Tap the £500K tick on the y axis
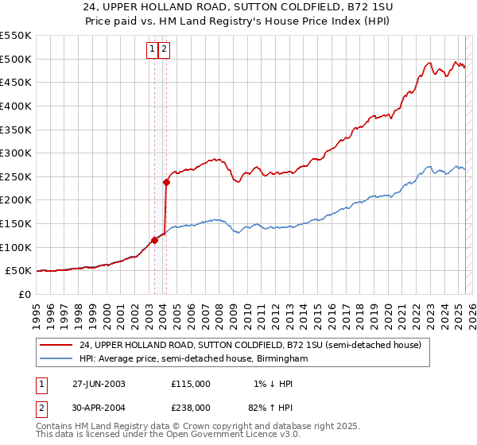(x=16, y=59)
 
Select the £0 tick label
(x=25, y=294)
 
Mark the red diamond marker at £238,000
(x=167, y=182)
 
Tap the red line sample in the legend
(x=57, y=344)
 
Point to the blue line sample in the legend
(x=57, y=359)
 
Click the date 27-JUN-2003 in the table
(x=99, y=383)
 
